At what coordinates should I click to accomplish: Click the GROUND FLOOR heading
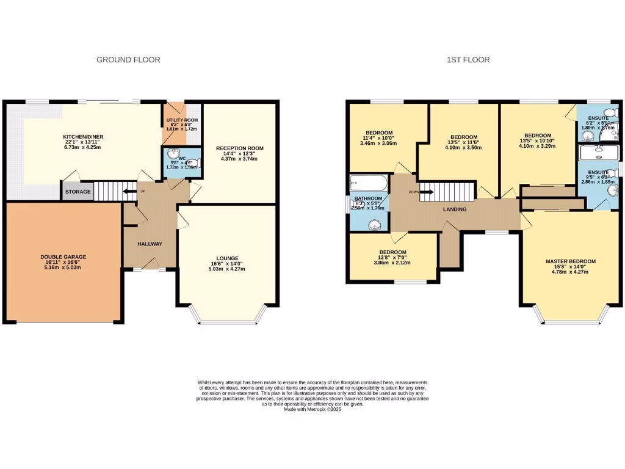pos(128,60)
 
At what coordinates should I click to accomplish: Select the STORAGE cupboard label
pos(78,192)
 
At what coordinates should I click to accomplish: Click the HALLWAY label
pos(150,244)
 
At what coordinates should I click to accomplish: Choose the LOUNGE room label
pos(226,258)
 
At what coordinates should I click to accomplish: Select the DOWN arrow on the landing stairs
pos(427,192)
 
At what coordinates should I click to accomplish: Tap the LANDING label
pos(455,209)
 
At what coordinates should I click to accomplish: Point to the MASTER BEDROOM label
pos(570,261)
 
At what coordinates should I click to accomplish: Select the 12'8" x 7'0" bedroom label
pos(392,257)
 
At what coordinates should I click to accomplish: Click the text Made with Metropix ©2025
pos(312,410)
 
